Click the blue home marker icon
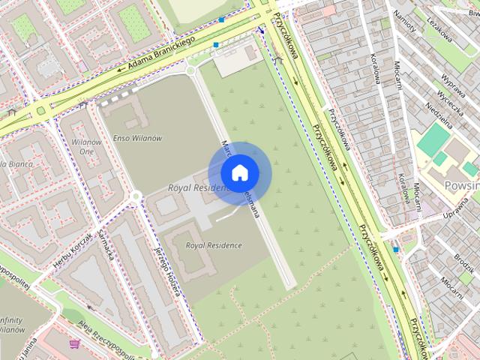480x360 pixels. (238, 173)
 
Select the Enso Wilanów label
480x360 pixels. (137, 138)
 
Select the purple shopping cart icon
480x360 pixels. (74, 344)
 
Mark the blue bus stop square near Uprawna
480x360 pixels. (396, 248)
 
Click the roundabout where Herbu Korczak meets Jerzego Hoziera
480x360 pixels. (136, 197)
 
